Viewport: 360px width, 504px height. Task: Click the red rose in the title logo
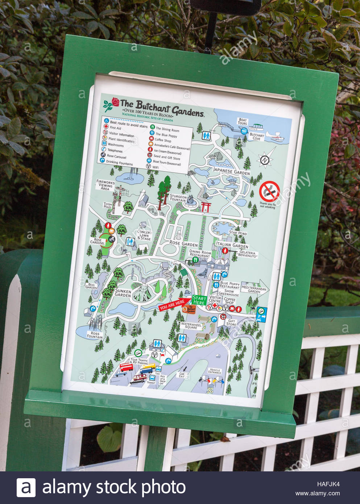[115, 102]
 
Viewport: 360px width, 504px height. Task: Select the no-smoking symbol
[269, 191]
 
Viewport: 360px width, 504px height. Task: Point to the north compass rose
[265, 160]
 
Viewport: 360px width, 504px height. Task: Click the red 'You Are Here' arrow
[173, 305]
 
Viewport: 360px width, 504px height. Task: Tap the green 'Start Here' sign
[199, 300]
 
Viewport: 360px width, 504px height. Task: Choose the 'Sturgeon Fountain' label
[178, 198]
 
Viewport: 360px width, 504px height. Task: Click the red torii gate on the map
[207, 207]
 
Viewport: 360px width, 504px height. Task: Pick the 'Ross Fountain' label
[95, 335]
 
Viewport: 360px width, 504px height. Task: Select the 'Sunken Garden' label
[123, 293]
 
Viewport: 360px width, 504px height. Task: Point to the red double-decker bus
[126, 367]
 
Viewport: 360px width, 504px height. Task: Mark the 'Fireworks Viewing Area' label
[105, 185]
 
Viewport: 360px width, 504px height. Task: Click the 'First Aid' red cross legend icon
[106, 127]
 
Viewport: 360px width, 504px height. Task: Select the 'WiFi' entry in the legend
[152, 167]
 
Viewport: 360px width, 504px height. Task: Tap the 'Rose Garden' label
[183, 244]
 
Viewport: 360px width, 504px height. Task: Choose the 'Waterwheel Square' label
[191, 326]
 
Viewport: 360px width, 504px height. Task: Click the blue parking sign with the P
[261, 314]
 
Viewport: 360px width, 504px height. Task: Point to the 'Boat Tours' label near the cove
[243, 121]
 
